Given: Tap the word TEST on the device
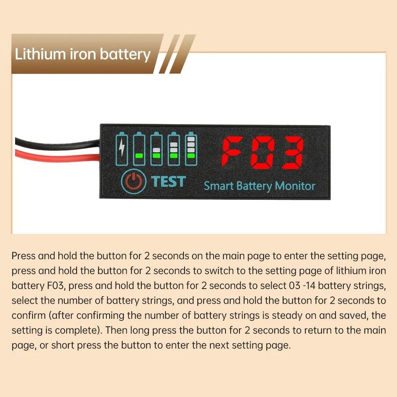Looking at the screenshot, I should (x=168, y=181).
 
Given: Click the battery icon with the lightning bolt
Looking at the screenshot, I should (x=121, y=148).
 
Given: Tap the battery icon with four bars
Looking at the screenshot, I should (x=191, y=148).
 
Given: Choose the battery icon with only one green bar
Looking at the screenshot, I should (x=139, y=148).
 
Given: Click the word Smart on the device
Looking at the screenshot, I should (x=218, y=186).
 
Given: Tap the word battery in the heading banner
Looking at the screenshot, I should (x=125, y=54).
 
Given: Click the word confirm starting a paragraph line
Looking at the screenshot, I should (x=29, y=316).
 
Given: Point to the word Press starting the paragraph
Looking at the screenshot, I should (x=22, y=255).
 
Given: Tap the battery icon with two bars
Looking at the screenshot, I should (x=156, y=148).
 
